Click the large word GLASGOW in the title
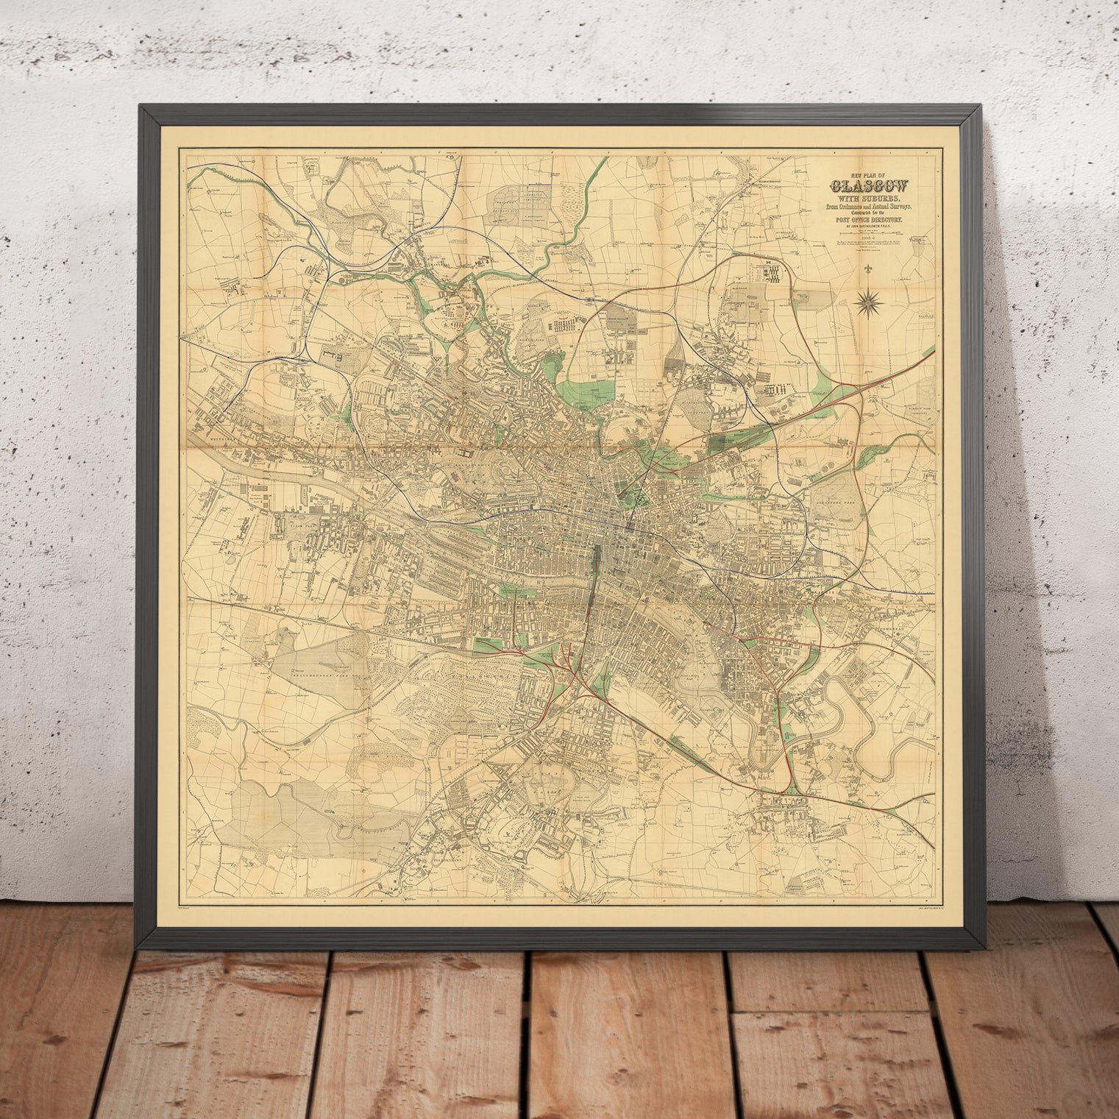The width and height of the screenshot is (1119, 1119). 870,185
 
